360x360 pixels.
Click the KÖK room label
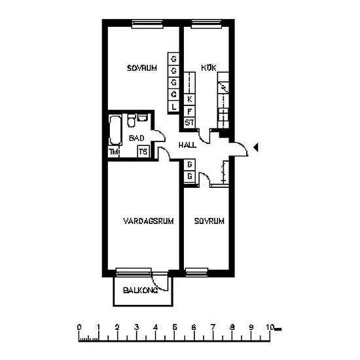[209, 67]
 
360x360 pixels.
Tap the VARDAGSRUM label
[149, 221]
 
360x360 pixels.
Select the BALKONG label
[140, 290]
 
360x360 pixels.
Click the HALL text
[188, 145]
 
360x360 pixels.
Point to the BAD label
[137, 138]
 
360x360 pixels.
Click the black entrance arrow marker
[255, 147]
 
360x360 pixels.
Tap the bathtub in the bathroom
[115, 130]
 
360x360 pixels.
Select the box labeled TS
[143, 152]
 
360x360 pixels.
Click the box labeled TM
[114, 152]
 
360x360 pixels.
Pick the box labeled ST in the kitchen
[189, 122]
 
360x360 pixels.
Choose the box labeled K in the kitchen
[189, 99]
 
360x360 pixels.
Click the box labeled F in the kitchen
[189, 111]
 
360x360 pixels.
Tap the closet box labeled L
[173, 107]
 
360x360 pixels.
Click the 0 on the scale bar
[79, 327]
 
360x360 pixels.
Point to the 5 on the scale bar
[175, 327]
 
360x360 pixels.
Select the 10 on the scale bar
[270, 327]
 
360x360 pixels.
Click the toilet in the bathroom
[131, 120]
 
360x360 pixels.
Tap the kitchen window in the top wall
[206, 24]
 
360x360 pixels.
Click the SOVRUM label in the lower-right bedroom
[209, 221]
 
